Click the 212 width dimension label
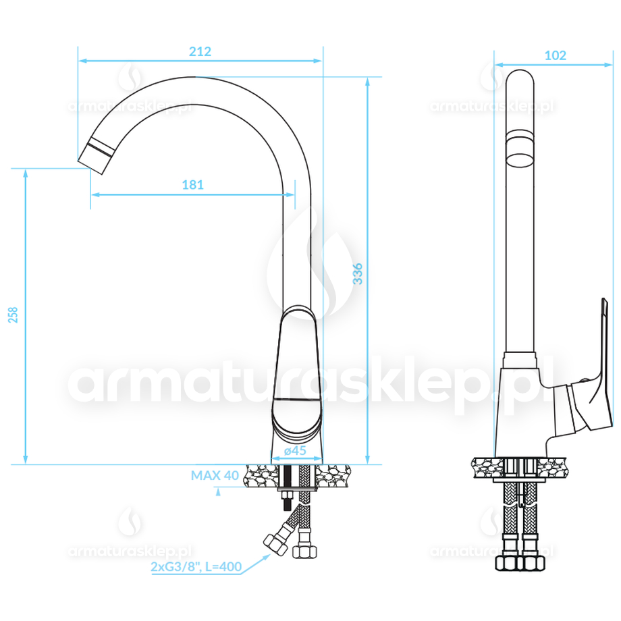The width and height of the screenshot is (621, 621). tap(200, 51)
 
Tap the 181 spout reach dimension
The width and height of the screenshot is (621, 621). tap(192, 185)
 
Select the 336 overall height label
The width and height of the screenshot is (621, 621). tap(358, 273)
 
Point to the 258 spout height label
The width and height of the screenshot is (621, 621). tap(13, 315)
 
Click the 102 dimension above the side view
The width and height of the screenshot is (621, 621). tap(556, 55)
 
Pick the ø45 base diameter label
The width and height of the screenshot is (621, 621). tap(295, 450)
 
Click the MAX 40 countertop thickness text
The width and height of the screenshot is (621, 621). tap(215, 475)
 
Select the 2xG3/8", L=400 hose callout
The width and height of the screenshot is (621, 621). tap(196, 567)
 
